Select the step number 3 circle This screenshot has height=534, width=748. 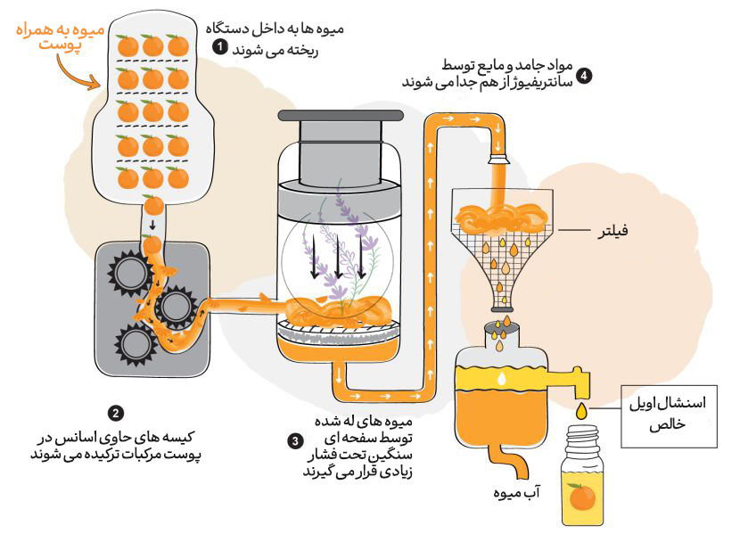pyautogui.click(x=295, y=440)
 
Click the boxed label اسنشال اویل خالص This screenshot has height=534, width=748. pyautogui.click(x=680, y=414)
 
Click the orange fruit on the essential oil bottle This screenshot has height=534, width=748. pyautogui.click(x=582, y=496)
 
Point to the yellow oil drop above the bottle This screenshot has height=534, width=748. pyautogui.click(x=582, y=410)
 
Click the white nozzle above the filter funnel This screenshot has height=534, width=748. pyautogui.click(x=499, y=158)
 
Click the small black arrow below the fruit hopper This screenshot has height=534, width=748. pyautogui.click(x=153, y=225)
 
